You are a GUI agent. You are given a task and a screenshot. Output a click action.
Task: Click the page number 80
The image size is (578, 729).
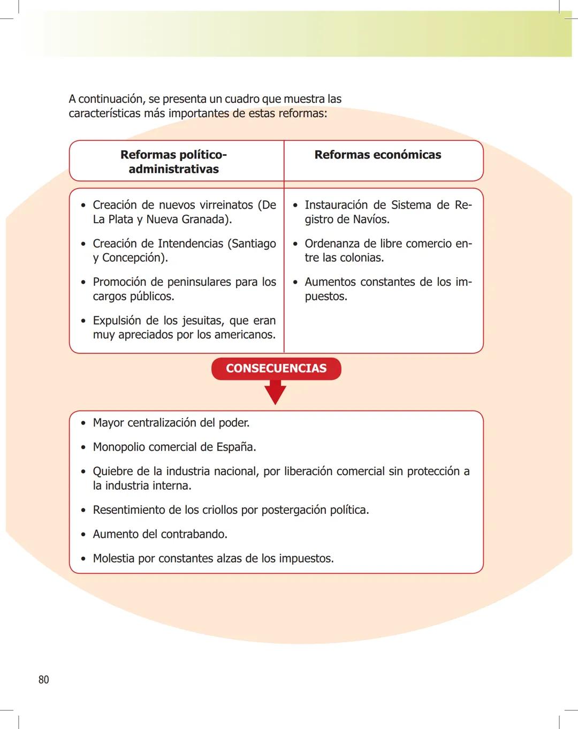pyautogui.click(x=43, y=680)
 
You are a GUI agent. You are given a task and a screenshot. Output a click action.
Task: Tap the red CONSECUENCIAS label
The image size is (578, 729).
pyautogui.click(x=276, y=368)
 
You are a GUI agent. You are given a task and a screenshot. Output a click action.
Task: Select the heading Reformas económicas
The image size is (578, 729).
pyautogui.click(x=378, y=155)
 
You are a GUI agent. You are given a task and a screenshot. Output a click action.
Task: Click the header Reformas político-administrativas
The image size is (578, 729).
pyautogui.click(x=173, y=162)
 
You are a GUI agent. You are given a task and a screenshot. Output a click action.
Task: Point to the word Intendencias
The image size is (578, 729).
pyautogui.click(x=190, y=244)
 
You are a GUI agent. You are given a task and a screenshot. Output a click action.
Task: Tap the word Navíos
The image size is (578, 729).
pyautogui.click(x=371, y=219)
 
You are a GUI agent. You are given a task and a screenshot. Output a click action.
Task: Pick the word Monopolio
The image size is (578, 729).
pyautogui.click(x=118, y=447)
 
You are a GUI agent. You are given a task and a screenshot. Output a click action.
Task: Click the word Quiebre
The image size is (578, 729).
pyautogui.click(x=113, y=472)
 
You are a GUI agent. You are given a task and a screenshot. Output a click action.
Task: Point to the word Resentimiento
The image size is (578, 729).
pyautogui.click(x=129, y=510)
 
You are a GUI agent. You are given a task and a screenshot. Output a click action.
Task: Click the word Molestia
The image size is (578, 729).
pyautogui.click(x=113, y=559)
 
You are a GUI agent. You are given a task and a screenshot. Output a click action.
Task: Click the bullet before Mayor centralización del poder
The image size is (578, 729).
pyautogui.click(x=83, y=423)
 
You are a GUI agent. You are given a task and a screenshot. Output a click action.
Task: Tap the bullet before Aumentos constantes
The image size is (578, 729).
pyautogui.click(x=295, y=283)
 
